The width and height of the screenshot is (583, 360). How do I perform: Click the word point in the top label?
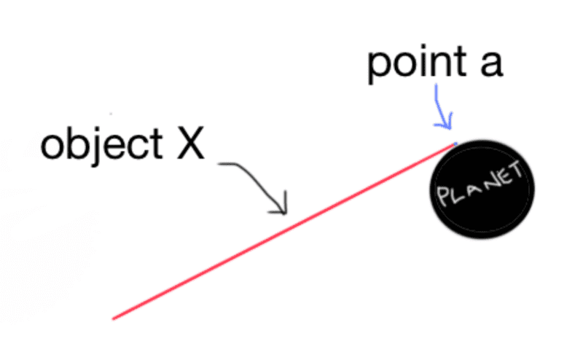coord(417,64)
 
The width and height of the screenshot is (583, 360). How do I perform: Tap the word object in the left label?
coord(101,145)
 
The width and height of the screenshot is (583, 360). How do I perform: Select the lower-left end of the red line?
coord(113,318)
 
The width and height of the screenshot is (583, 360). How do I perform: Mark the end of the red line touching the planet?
coord(455,144)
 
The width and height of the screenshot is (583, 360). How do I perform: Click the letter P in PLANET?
coord(443,195)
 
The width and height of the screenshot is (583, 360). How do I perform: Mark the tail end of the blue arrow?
coord(436,85)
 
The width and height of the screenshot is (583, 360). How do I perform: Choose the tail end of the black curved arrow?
coord(219,163)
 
